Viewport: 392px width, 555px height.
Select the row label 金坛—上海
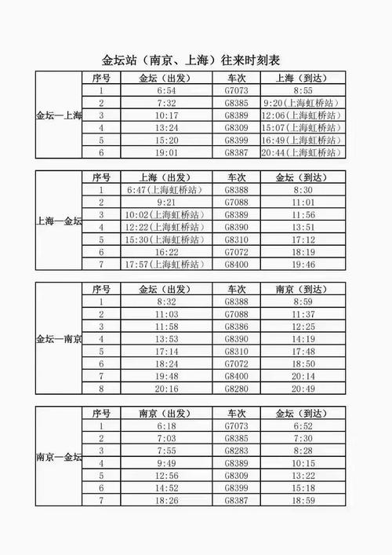click(x=59, y=115)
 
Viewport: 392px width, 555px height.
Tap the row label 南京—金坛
click(x=59, y=457)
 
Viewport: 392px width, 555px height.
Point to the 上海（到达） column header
click(x=301, y=78)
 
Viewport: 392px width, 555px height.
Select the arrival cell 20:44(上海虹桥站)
click(x=301, y=152)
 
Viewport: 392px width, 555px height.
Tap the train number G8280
click(x=237, y=388)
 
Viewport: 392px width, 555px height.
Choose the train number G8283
click(x=237, y=450)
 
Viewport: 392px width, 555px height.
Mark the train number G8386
click(x=237, y=326)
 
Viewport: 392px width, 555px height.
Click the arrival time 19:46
click(x=301, y=265)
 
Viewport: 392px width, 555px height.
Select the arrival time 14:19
click(x=301, y=338)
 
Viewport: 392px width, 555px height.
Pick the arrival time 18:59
click(x=301, y=500)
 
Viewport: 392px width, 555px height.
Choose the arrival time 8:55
click(x=301, y=90)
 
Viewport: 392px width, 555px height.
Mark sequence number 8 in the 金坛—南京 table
click(x=101, y=388)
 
